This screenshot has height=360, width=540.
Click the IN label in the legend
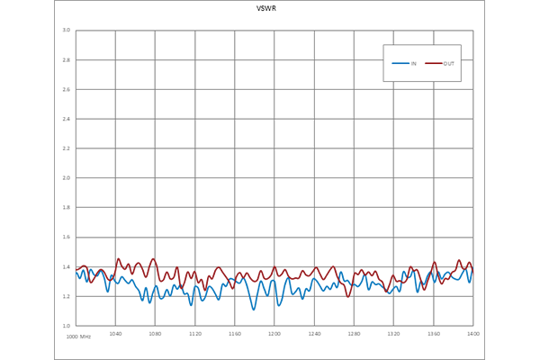click(414, 64)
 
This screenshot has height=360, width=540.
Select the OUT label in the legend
click(448, 64)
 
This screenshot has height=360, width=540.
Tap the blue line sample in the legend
click(400, 64)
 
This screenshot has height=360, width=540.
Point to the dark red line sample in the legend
click(434, 64)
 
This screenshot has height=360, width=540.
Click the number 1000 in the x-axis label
click(72, 337)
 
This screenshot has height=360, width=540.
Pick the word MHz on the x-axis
click(86, 337)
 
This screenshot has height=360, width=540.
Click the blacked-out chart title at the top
click(266, 11)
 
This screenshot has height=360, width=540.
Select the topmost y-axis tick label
click(66, 30)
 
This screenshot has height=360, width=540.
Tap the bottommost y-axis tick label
click(66, 321)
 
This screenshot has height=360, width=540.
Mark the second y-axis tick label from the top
click(66, 60)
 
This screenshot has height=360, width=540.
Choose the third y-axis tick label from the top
click(66, 90)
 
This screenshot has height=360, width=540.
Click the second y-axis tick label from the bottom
click(66, 293)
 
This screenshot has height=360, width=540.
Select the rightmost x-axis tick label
click(470, 337)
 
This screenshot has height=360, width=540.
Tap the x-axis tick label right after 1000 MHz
click(116, 337)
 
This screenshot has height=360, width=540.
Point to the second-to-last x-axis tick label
click(433, 337)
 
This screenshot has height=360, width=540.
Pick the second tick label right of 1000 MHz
click(155, 337)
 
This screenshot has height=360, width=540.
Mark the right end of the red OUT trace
click(477, 271)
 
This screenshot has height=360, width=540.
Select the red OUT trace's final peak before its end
click(458, 254)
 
